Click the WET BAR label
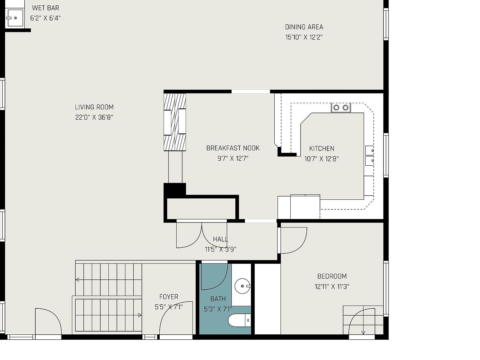[46, 8]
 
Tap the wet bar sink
[15, 18]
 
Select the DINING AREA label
[304, 27]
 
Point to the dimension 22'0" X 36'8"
[94, 117]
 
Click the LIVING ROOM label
[94, 107]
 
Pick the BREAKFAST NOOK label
[233, 148]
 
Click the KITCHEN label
[322, 149]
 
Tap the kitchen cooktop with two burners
[341, 107]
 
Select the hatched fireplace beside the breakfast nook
[175, 122]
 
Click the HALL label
[220, 239]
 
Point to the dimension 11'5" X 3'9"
[220, 249]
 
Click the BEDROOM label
[332, 276]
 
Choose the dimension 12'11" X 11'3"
[332, 287]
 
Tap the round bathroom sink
[242, 286]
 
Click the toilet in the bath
[239, 320]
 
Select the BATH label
[218, 299]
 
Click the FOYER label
[169, 297]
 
